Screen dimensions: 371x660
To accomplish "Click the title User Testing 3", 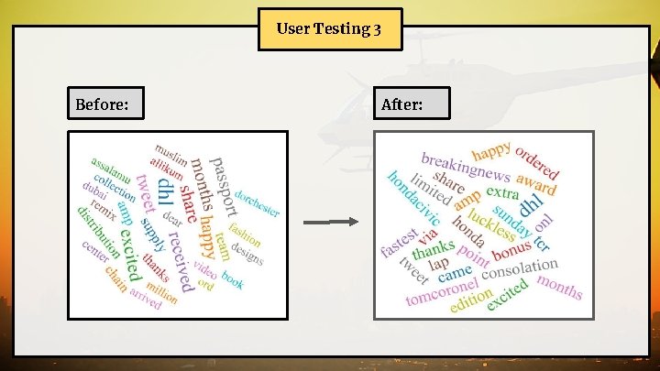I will (x=329, y=29).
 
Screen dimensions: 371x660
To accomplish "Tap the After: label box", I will (x=413, y=104).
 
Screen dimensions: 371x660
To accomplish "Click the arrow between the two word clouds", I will (x=331, y=222).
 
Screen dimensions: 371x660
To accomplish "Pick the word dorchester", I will (x=257, y=203).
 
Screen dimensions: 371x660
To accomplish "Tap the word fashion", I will (x=246, y=235).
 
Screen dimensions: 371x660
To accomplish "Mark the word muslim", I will (x=171, y=153).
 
